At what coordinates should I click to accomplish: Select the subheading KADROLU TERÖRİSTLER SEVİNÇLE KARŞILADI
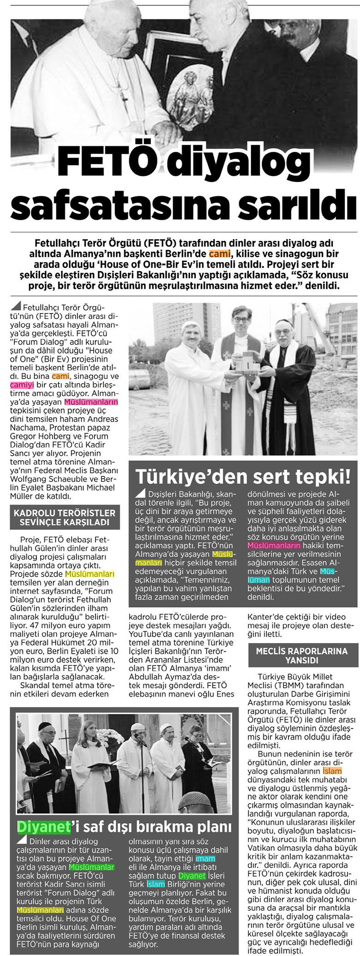pyautogui.click(x=64, y=517)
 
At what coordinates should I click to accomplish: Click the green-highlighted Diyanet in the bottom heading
pyautogui.click(x=44, y=826)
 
